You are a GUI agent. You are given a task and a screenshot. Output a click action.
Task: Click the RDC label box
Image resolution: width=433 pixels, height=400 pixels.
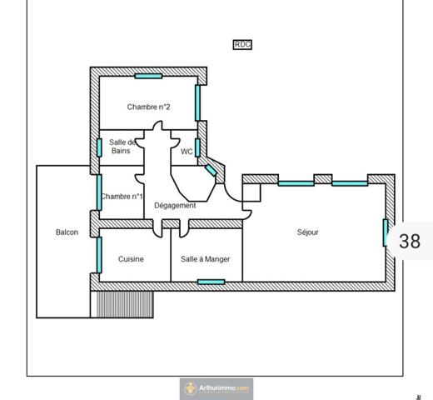(242, 45)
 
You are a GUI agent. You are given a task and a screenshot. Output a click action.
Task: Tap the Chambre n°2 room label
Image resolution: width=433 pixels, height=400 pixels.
(148, 107)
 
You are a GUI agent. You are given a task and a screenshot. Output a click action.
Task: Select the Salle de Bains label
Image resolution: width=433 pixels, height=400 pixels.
(122, 147)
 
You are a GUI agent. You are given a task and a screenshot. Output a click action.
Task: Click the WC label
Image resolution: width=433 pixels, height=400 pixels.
(187, 152)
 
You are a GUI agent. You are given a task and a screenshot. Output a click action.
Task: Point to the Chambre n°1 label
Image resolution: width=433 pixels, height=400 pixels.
(122, 197)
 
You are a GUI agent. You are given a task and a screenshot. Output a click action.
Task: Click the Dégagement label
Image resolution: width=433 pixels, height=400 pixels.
(175, 206)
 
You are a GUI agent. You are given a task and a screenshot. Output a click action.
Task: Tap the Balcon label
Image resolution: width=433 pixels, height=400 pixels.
(67, 232)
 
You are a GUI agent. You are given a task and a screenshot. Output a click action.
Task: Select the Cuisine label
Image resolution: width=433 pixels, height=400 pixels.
(131, 259)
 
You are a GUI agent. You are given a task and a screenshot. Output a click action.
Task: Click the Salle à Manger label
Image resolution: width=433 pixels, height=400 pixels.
(206, 259)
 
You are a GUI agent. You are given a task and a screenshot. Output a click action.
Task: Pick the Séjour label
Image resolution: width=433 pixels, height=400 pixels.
(307, 232)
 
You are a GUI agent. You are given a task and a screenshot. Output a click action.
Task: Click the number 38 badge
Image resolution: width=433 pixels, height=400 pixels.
(409, 242)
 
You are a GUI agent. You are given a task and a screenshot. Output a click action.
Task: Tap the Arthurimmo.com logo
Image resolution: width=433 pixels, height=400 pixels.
(216, 388)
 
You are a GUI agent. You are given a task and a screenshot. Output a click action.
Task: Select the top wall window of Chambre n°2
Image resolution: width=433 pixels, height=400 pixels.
(148, 76)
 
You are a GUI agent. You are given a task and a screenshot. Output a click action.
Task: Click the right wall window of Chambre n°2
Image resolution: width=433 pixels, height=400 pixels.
(198, 102)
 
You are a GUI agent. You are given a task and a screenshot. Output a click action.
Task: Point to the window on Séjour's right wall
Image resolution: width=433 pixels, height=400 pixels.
(386, 232)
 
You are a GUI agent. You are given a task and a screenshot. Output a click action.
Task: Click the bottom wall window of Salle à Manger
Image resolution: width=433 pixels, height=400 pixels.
(211, 282)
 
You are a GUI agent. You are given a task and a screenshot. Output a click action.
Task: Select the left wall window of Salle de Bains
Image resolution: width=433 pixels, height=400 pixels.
(99, 147)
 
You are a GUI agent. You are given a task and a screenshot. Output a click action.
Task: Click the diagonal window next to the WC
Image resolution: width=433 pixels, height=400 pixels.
(211, 170)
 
